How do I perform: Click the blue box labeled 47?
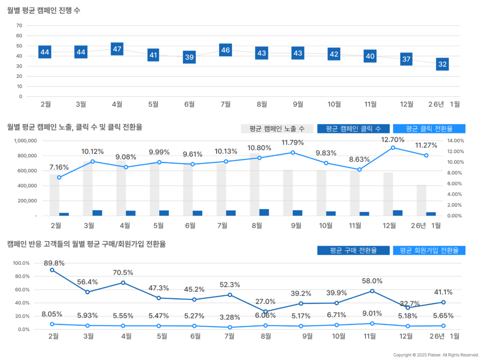117,49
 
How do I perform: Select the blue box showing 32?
442,64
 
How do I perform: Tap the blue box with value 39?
190,57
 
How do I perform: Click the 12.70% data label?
393,140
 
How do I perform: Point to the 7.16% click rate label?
59,167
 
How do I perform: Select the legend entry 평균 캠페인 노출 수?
277,129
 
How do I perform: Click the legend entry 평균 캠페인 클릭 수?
354,129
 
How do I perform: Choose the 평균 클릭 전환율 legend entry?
429,129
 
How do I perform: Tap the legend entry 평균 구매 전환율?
354,250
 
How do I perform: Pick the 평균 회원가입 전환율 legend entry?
429,250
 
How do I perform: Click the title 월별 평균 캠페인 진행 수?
43,10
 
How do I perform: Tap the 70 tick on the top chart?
19,26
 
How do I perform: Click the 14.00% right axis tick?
456,140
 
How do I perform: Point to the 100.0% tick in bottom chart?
21,263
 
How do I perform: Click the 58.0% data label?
373,281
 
